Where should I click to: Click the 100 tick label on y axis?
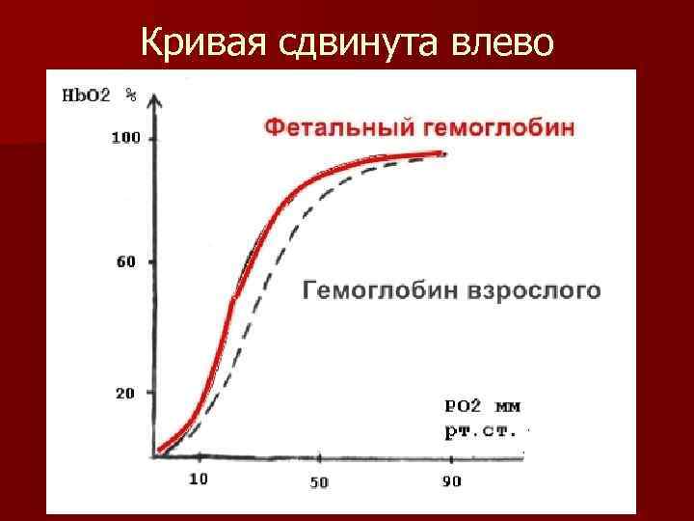pyautogui.click(x=125, y=139)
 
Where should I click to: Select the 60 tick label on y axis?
pyautogui.click(x=125, y=261)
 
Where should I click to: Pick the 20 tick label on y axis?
pyautogui.click(x=125, y=394)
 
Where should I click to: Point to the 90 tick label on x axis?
pyautogui.click(x=451, y=481)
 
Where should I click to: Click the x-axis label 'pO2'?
pyautogui.click(x=463, y=405)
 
